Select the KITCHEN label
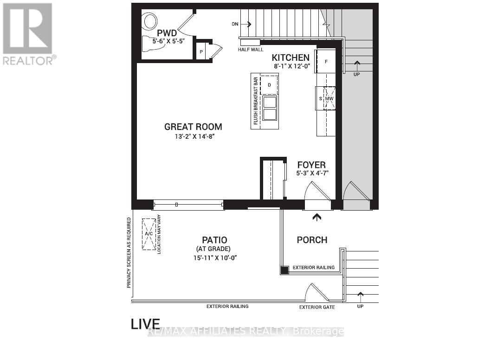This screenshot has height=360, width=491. point(291,58)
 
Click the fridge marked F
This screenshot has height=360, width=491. point(326,61)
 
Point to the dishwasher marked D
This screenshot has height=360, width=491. point(269,85)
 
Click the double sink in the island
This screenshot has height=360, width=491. point(269,109)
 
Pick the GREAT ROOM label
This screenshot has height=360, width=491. point(193,127)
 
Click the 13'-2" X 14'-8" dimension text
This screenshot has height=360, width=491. point(193,136)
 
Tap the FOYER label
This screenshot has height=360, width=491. point(311,165)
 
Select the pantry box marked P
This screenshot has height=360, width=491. point(201,51)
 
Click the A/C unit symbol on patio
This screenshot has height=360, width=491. point(149,234)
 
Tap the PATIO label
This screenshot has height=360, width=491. point(214,240)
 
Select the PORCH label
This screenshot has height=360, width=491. point(312,240)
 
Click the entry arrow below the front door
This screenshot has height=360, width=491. point(317,216)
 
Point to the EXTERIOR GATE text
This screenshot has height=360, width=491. point(317,307)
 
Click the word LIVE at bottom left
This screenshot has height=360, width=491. point(145,324)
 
